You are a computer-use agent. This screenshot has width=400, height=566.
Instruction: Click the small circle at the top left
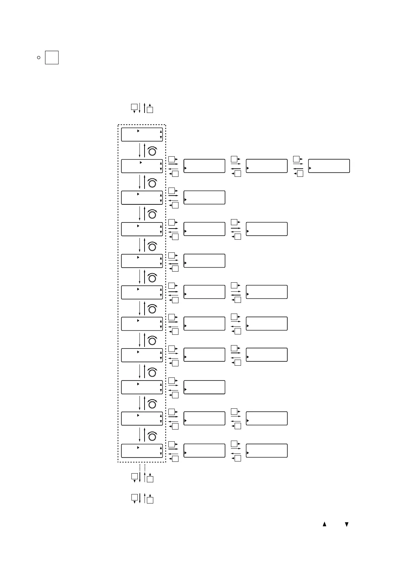click(39, 58)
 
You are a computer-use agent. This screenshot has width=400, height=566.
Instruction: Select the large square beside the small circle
click(52, 57)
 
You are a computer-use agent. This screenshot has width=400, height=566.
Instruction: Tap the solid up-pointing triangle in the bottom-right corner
click(324, 524)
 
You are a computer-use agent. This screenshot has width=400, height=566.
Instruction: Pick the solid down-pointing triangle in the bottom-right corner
click(347, 524)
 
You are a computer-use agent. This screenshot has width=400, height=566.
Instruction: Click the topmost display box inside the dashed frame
click(142, 134)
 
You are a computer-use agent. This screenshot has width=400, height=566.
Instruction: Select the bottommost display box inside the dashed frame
click(142, 450)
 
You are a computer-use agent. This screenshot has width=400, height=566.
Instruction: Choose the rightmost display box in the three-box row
click(329, 166)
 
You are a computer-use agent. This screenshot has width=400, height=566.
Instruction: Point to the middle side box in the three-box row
click(267, 166)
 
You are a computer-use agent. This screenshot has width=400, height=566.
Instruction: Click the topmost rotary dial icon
click(152, 152)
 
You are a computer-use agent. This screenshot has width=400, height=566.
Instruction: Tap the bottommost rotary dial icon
click(152, 436)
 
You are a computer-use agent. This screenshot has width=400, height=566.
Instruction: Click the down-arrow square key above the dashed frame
click(134, 107)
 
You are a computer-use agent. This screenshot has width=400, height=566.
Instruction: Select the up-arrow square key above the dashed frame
click(150, 110)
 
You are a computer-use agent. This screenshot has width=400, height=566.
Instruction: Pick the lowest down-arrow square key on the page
click(134, 497)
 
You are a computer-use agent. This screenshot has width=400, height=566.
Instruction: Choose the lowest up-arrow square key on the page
click(150, 500)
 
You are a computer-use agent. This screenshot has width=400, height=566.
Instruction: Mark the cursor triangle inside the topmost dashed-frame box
click(138, 130)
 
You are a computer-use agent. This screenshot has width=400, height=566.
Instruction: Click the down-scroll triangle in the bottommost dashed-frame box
click(161, 454)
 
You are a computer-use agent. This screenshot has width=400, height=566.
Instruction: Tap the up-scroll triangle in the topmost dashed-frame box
click(161, 132)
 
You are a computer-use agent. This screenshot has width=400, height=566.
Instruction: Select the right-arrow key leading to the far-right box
click(296, 159)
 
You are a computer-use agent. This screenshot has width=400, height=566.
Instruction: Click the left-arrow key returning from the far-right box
click(300, 173)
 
